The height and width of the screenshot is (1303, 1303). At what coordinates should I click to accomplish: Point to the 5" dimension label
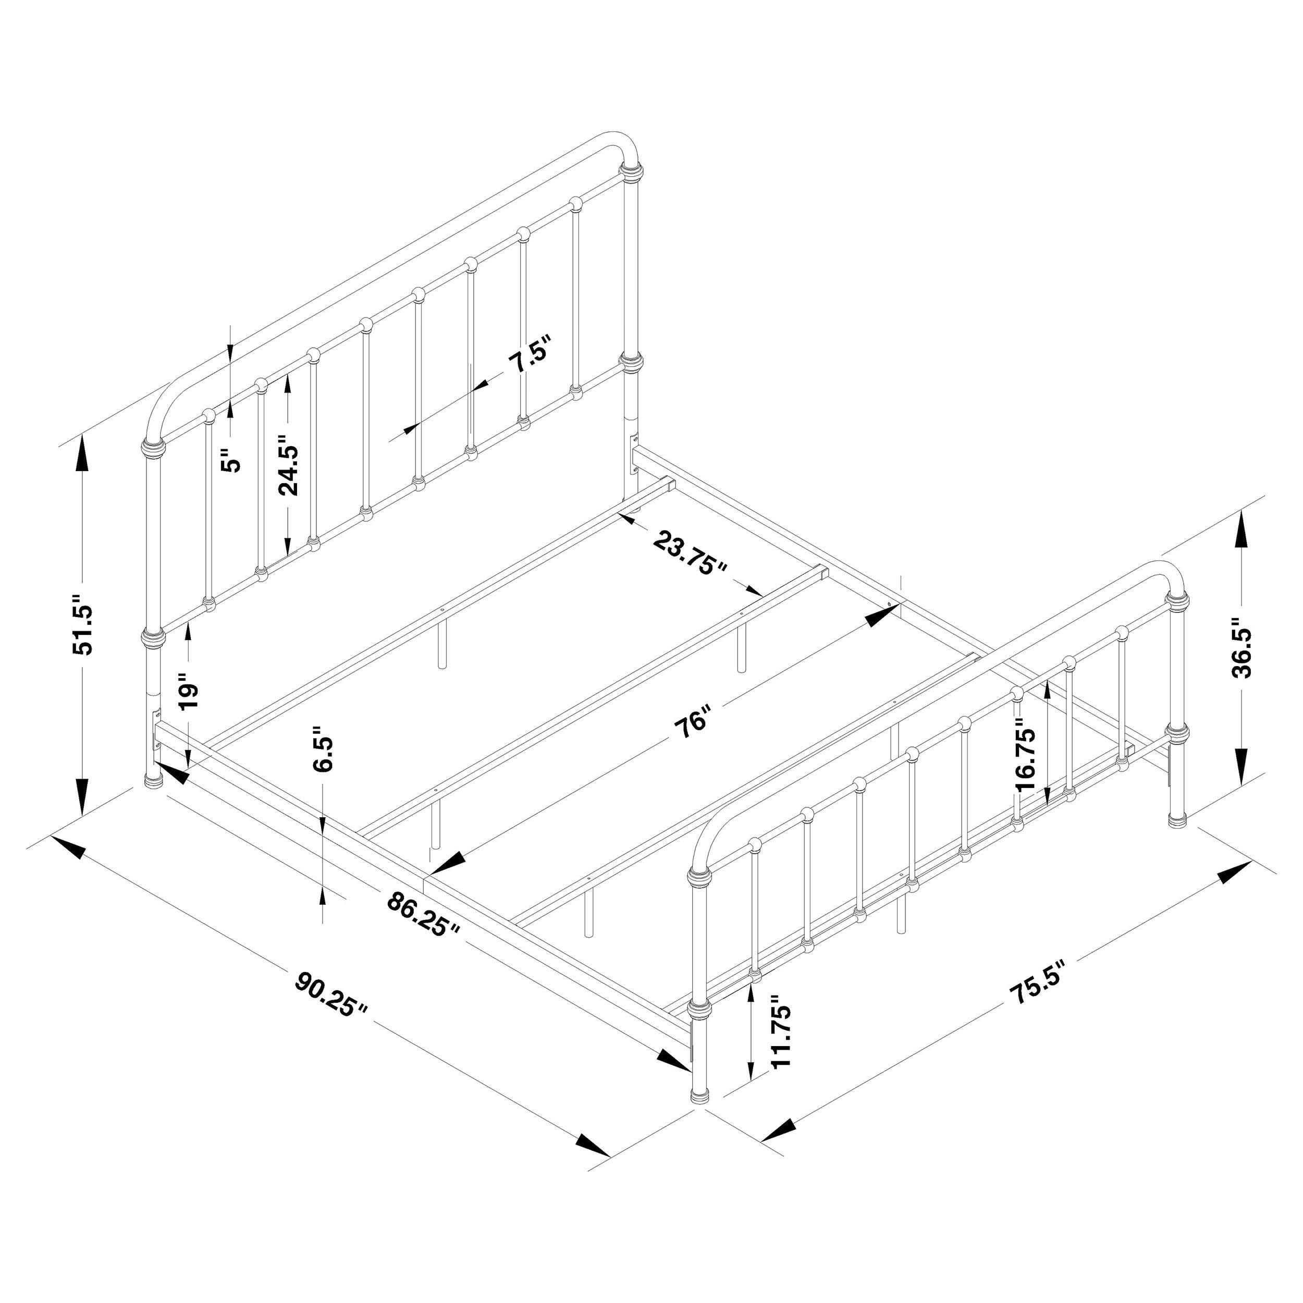coord(231,461)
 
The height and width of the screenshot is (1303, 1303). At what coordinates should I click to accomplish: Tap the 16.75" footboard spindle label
coord(1025,759)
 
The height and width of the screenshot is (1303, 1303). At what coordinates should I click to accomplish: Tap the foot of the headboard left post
coord(156,782)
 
